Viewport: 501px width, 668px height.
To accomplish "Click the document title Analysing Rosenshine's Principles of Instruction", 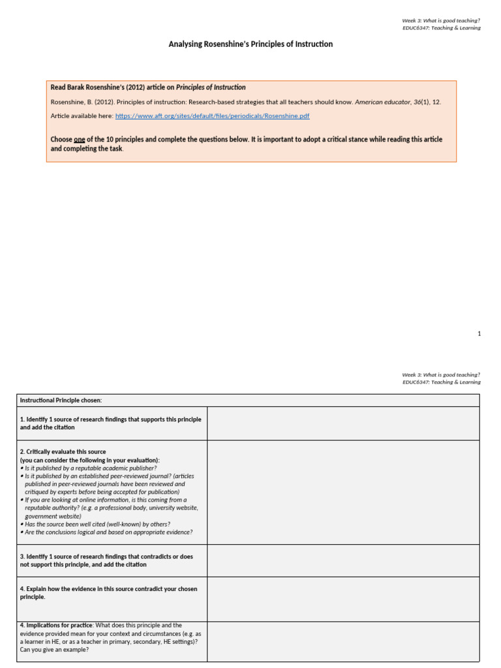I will pyautogui.click(x=250, y=44).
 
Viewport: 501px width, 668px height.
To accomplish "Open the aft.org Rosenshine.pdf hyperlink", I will pyautogui.click(x=212, y=116).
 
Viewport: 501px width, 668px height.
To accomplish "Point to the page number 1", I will pyautogui.click(x=479, y=334).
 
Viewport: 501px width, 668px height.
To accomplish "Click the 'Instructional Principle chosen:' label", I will pyautogui.click(x=61, y=400).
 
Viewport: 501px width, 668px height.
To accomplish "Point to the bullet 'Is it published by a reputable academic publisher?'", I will pyautogui.click(x=90, y=468).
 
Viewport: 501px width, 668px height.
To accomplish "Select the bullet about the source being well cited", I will pyautogui.click(x=98, y=524).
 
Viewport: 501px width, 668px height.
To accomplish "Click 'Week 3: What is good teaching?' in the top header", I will pyautogui.click(x=441, y=20).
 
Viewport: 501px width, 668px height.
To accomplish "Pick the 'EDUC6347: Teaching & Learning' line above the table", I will pyautogui.click(x=441, y=382).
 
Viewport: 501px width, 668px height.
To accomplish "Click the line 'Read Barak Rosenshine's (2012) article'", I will pyautogui.click(x=148, y=87).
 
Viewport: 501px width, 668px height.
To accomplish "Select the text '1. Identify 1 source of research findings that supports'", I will pyautogui.click(x=110, y=419).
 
